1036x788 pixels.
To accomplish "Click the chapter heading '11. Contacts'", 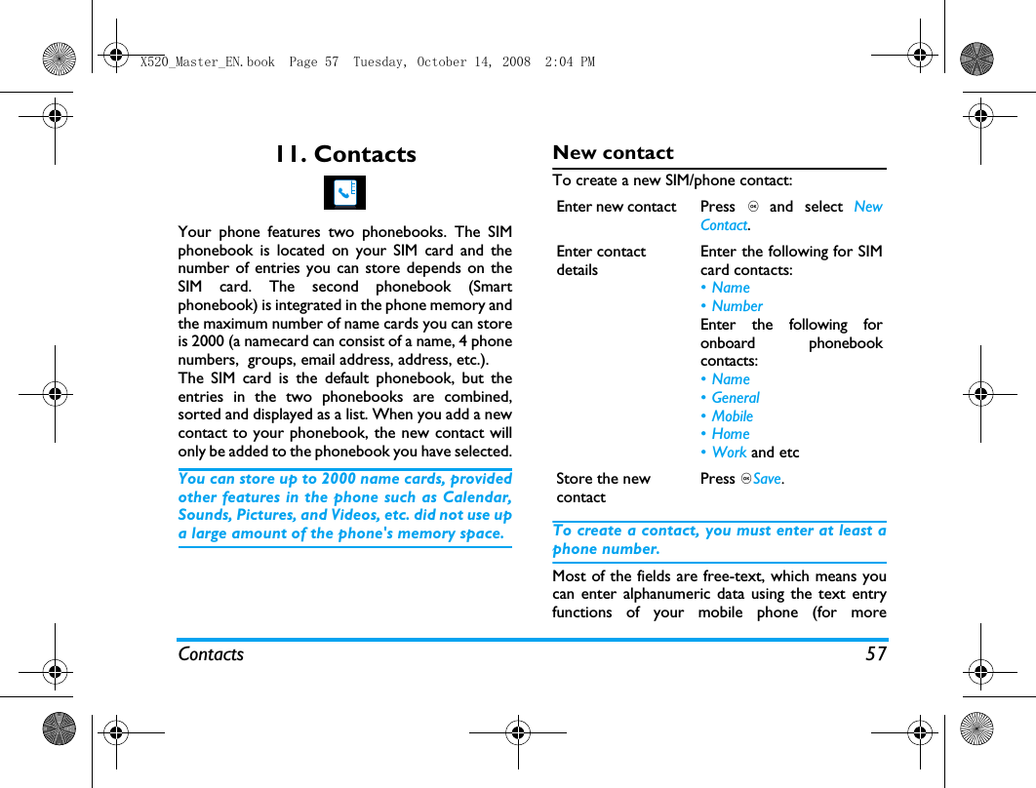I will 344,154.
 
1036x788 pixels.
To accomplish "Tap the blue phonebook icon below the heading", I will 344,193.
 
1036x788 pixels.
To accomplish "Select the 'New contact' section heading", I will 613,152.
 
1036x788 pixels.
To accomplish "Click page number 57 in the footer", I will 876,654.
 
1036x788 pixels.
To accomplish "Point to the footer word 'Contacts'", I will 211,654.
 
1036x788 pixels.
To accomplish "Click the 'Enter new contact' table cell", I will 616,207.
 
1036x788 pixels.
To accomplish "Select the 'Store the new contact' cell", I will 603,488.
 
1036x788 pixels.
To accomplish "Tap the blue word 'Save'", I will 768,479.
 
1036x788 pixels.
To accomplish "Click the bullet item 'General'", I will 736,398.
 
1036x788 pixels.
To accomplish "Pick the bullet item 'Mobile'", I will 732,416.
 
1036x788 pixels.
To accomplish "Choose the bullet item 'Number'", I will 737,306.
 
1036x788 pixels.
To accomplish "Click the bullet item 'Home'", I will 731,434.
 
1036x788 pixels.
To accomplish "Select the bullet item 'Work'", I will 729,453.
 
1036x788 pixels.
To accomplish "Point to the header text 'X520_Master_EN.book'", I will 208,61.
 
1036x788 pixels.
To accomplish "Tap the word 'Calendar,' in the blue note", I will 479,497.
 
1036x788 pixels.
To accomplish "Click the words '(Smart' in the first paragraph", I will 491,287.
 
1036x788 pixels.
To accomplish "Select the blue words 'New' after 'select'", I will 867,207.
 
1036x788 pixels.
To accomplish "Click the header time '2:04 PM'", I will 572,61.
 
